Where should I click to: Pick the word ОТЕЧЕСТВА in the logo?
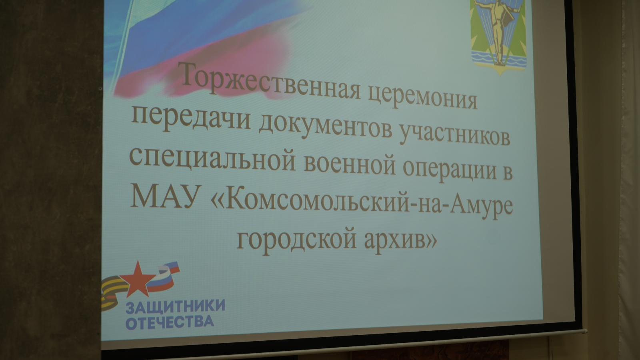pyautogui.click(x=170, y=322)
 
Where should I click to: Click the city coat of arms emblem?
pyautogui.click(x=499, y=36)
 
